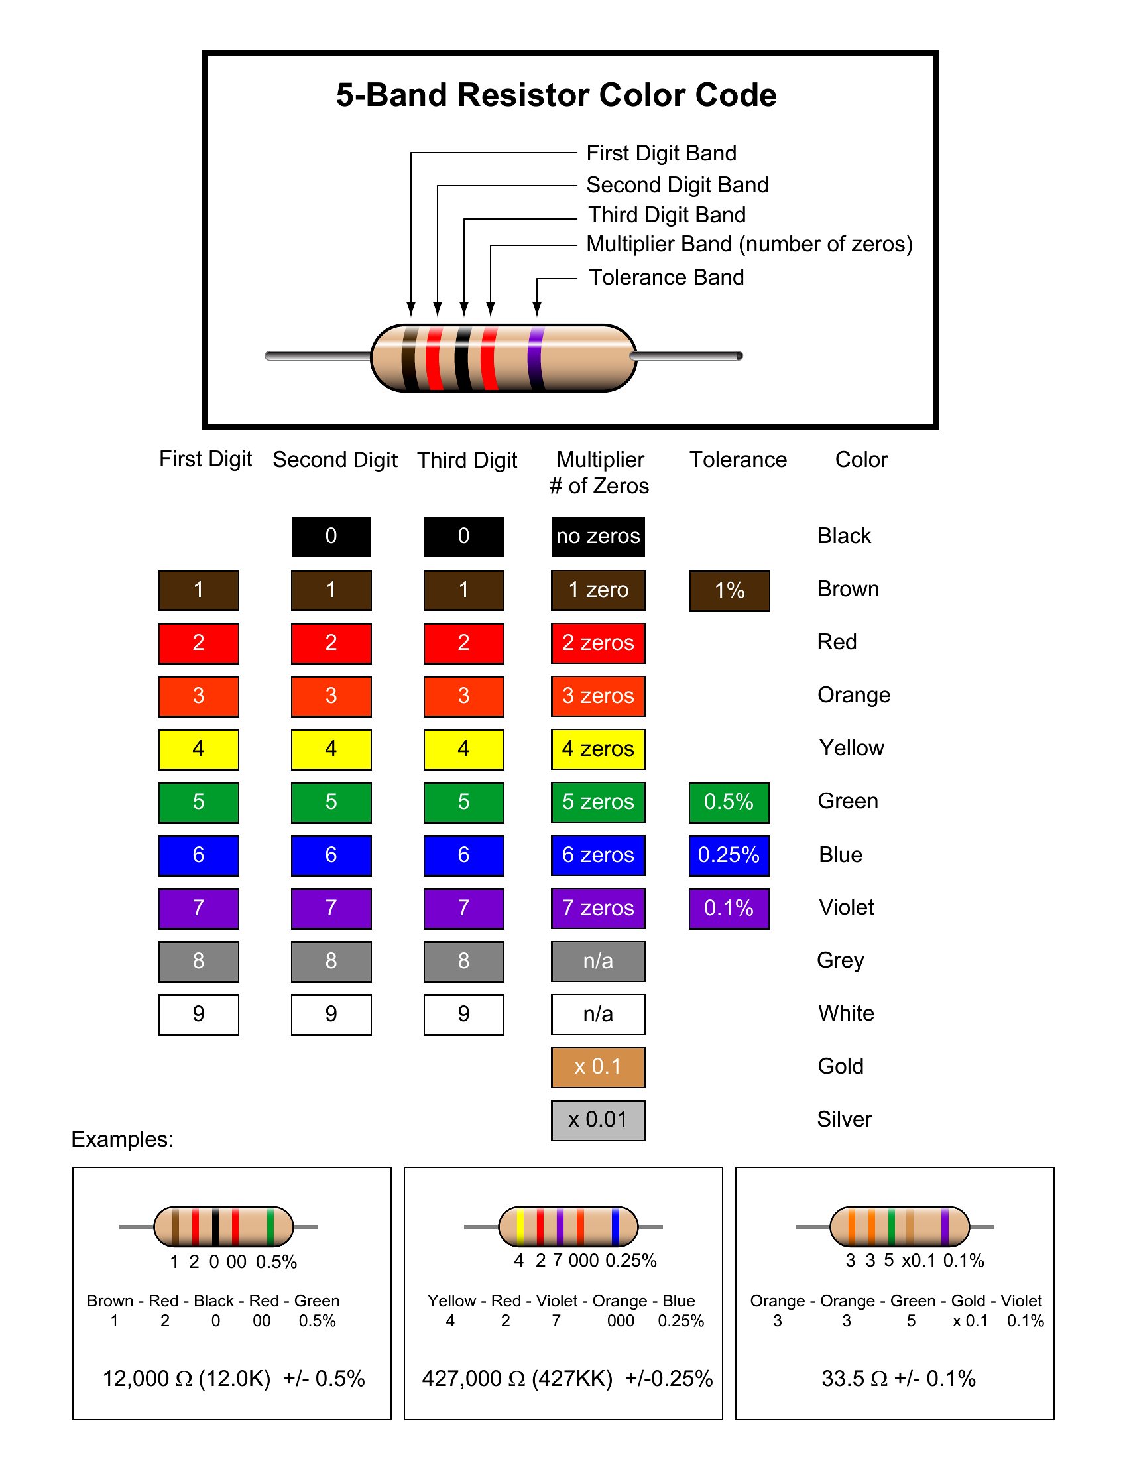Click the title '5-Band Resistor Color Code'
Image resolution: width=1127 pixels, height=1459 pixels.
click(x=556, y=95)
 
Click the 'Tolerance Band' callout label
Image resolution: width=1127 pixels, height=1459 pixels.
click(x=666, y=277)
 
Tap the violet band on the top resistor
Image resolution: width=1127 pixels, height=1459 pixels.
click(x=535, y=358)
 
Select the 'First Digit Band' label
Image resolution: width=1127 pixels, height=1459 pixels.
click(x=661, y=153)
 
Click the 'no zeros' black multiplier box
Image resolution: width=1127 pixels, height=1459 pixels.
click(x=598, y=537)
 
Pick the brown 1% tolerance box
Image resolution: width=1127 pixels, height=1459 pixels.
click(x=729, y=590)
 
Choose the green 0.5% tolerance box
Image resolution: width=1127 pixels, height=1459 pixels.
click(x=729, y=802)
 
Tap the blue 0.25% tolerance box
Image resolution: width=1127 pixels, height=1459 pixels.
click(x=729, y=856)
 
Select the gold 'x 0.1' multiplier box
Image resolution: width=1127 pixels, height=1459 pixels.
click(x=598, y=1067)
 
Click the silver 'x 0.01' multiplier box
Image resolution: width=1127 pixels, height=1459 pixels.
click(x=598, y=1120)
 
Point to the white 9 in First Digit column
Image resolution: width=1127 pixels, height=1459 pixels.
click(x=198, y=1015)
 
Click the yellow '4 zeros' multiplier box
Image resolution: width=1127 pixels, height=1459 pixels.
click(x=598, y=749)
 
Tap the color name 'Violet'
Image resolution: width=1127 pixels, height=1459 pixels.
click(x=846, y=907)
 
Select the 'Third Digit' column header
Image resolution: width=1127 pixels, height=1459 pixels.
click(x=467, y=460)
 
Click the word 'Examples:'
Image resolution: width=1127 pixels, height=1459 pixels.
click(x=123, y=1139)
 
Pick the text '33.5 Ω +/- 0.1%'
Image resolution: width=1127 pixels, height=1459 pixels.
click(x=898, y=1379)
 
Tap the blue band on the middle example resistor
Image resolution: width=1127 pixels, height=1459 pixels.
click(x=615, y=1226)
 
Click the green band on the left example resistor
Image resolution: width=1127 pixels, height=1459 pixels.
click(x=270, y=1226)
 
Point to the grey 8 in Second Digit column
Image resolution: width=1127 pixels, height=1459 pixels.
click(x=331, y=962)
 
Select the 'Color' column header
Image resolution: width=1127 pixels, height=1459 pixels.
click(x=861, y=460)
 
